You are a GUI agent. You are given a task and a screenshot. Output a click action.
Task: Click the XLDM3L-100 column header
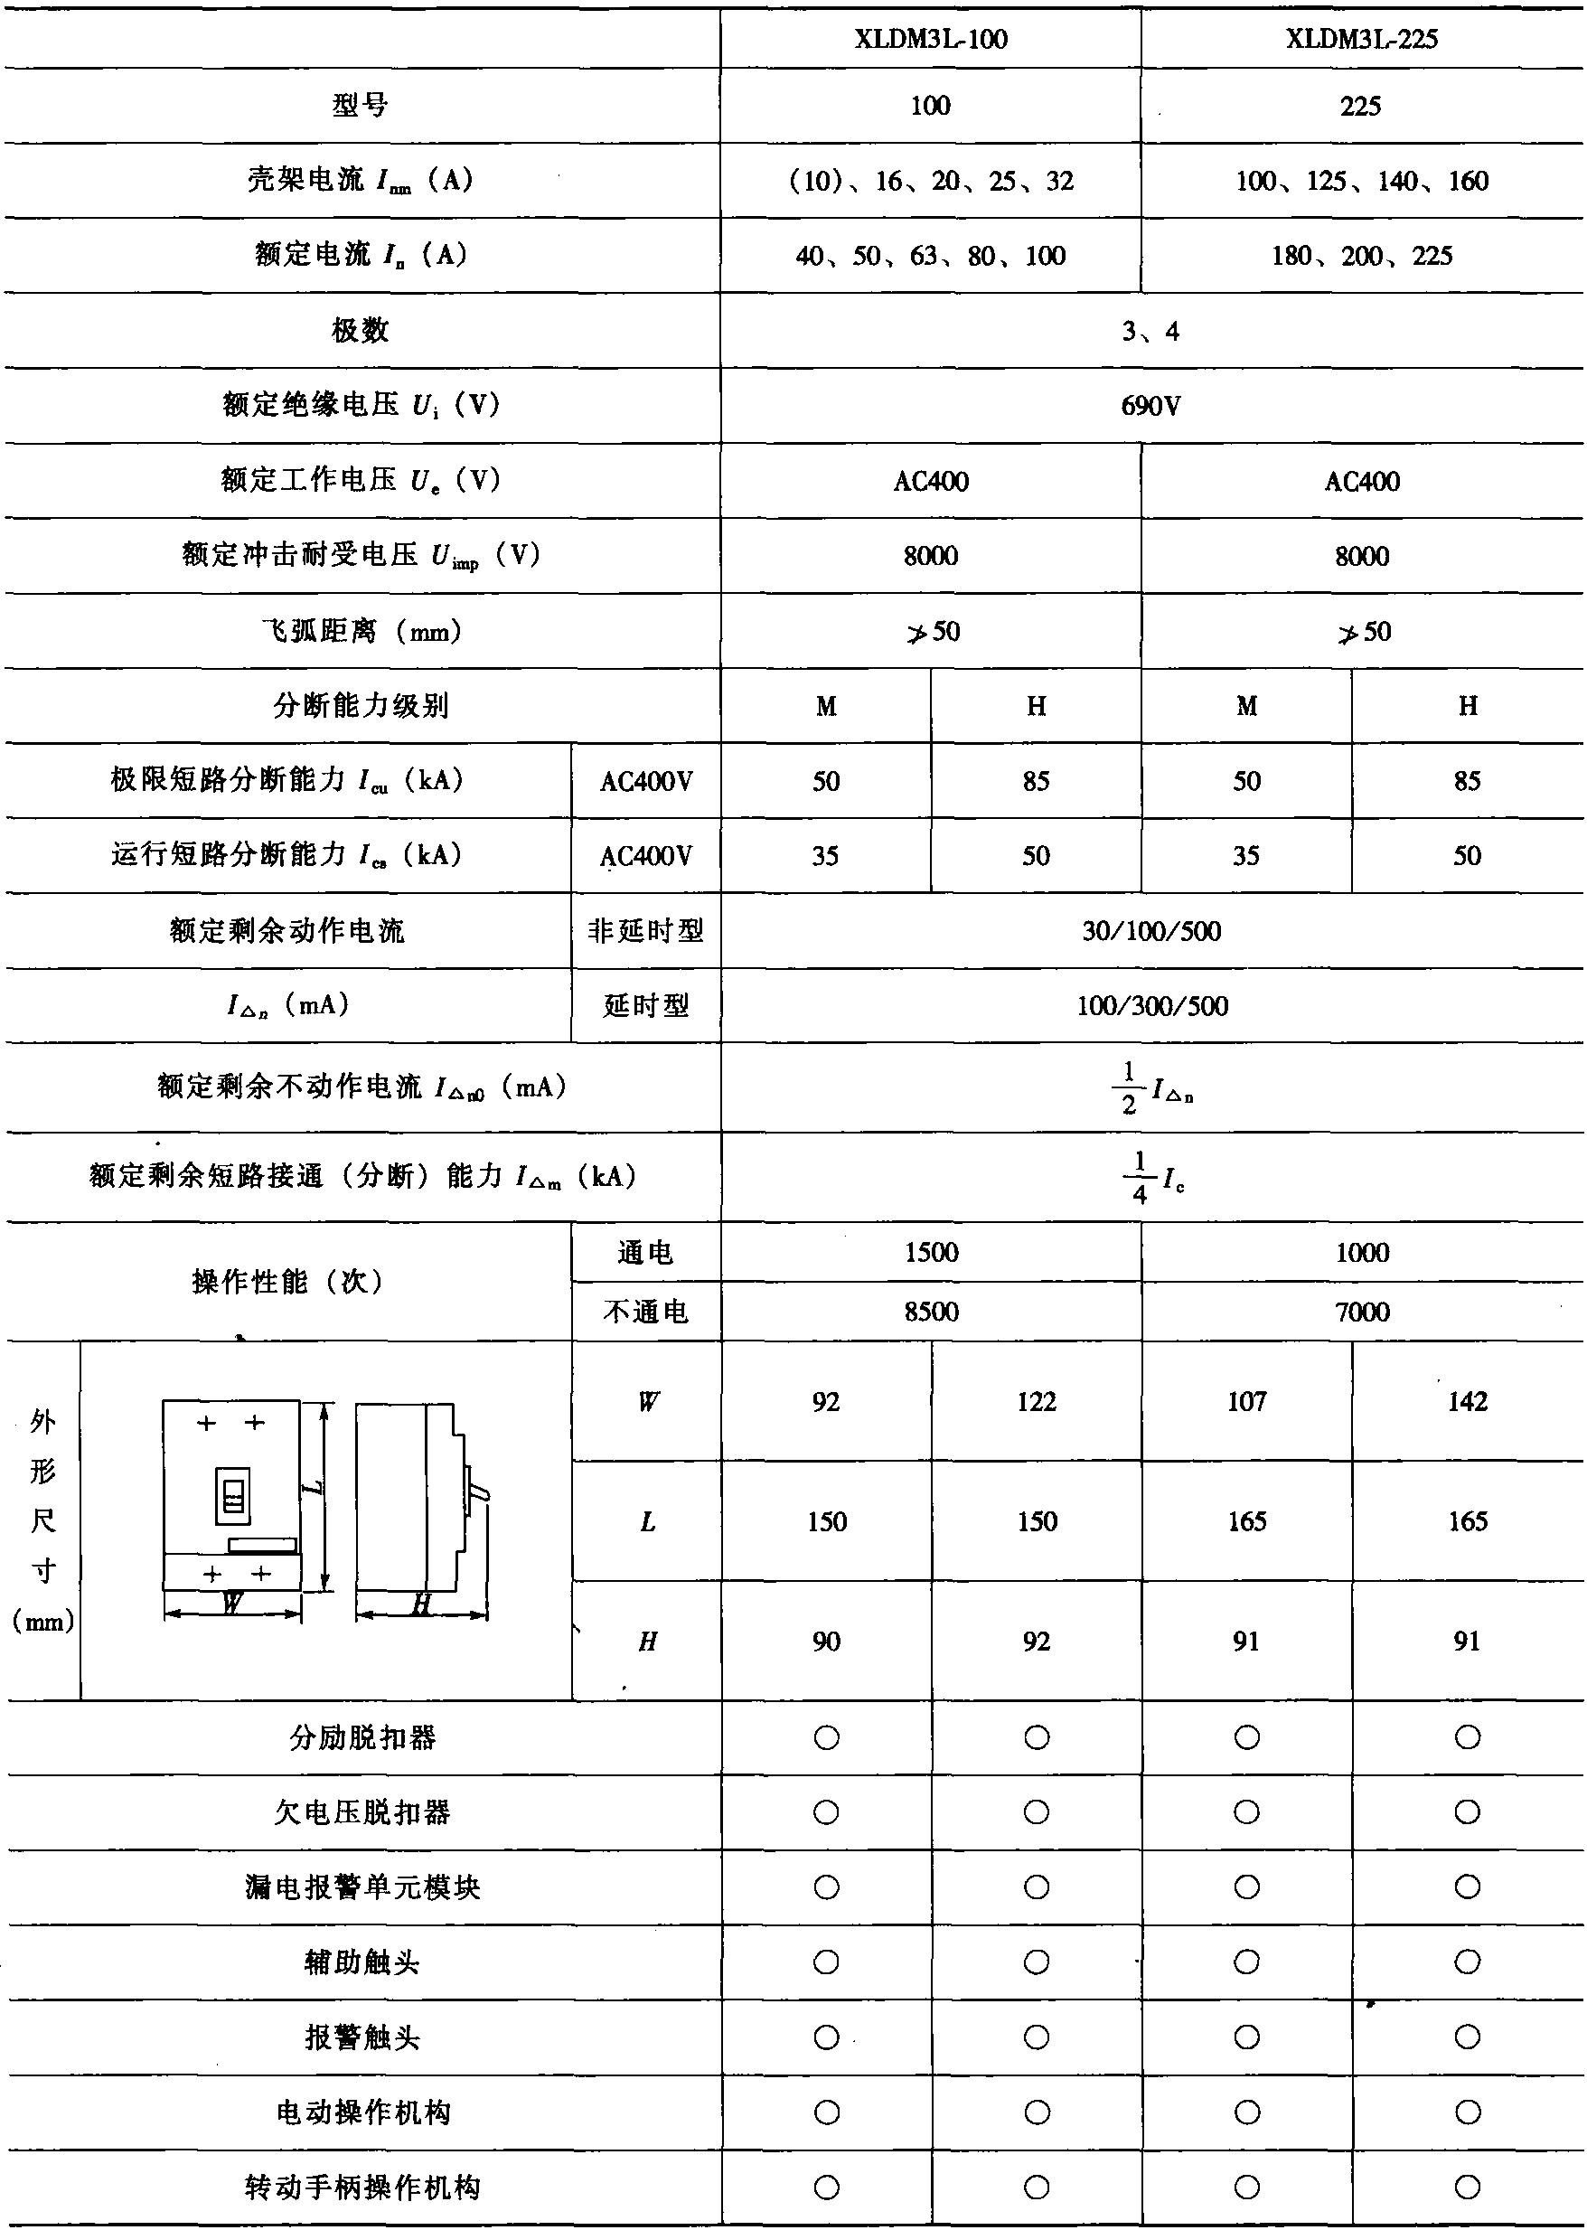coord(930,39)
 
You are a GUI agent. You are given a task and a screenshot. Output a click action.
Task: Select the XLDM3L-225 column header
coord(1361,39)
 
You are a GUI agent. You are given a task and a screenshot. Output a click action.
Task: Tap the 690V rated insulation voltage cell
coord(1150,406)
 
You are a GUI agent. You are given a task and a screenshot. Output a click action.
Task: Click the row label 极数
coord(360,330)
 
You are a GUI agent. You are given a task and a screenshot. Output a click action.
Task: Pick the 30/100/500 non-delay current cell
coord(1151,930)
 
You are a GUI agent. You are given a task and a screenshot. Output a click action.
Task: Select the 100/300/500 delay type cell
coord(1151,1005)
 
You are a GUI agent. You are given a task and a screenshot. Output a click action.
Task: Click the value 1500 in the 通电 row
coord(930,1252)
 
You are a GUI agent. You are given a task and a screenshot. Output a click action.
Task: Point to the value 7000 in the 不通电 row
coord(1361,1312)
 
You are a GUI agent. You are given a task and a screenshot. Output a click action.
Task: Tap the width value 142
coord(1467,1401)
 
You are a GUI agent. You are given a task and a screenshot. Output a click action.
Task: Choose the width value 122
coord(1036,1401)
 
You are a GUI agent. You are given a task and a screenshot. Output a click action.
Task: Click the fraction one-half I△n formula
coord(1151,1087)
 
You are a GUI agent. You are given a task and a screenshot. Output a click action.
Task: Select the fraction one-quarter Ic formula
coord(1151,1177)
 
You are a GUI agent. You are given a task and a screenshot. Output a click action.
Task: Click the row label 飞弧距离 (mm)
coord(360,631)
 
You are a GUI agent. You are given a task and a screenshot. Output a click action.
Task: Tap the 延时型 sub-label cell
coord(645,1005)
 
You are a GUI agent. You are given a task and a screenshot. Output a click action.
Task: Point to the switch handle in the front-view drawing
coord(232,1496)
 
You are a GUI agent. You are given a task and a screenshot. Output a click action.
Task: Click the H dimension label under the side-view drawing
coord(421,1604)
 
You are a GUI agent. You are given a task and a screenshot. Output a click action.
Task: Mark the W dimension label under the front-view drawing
coord(231,1604)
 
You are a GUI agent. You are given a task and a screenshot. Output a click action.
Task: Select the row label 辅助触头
coord(360,1962)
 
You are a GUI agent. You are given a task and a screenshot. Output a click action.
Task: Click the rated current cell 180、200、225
coord(1361,256)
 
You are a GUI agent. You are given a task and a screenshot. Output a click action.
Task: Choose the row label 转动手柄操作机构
coord(360,2187)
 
